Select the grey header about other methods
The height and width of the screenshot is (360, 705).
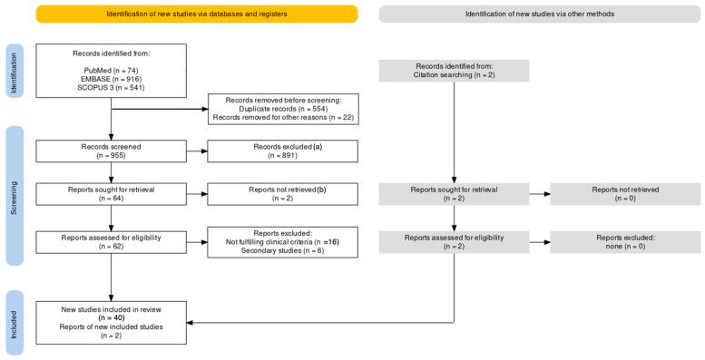coord(528,14)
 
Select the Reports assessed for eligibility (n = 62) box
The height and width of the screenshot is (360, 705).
coord(111,241)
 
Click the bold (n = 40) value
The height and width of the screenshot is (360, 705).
coord(111,318)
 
